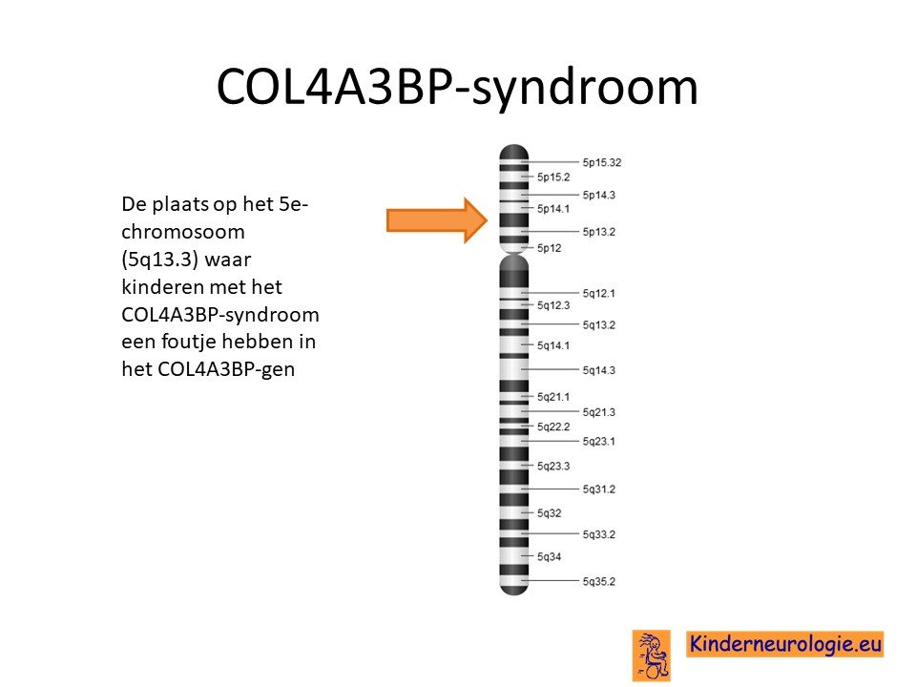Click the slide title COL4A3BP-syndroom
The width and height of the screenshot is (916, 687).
coord(457,87)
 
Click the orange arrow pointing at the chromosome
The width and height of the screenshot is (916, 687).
coord(437,220)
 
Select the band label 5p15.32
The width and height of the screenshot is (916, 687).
coord(602,162)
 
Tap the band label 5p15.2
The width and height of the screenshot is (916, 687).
coord(553,177)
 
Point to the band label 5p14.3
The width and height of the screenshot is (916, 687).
coord(599,195)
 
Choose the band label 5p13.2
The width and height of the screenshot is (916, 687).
coord(599,232)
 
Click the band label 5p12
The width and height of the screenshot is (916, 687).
coord(550,248)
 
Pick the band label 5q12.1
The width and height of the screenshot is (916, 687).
coord(599,293)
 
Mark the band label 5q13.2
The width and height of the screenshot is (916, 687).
coord(599,325)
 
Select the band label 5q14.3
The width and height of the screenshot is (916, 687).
coord(599,370)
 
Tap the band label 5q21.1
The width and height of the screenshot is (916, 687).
coord(553,397)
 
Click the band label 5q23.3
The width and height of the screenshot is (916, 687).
coord(553,467)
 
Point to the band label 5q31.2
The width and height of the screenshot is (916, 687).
coord(599,489)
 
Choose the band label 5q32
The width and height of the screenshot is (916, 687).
coord(550,513)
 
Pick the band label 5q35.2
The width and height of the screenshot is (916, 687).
coord(599,582)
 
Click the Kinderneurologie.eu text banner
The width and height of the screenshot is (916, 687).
coord(785,644)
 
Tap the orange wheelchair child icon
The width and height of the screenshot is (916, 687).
coord(652,656)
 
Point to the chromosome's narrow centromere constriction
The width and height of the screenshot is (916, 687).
coord(513,254)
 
